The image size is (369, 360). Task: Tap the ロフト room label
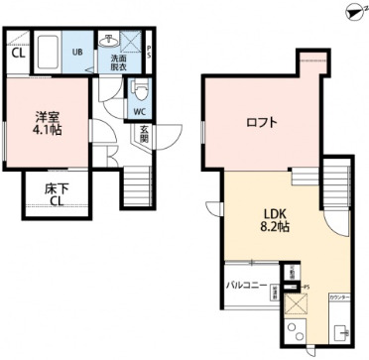point(262,123)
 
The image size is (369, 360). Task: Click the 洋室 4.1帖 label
point(47,120)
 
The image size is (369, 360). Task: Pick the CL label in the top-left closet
point(18,57)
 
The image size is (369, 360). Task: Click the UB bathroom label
point(77,52)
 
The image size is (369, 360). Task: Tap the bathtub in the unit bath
point(47,53)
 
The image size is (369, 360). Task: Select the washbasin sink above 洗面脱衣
point(111,41)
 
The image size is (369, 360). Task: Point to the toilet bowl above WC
point(139,94)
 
